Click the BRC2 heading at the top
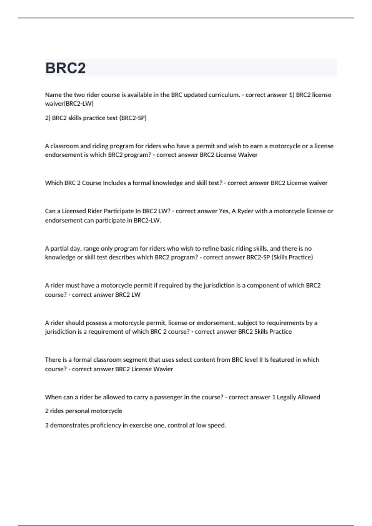[x=65, y=68]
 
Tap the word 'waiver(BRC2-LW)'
[x=69, y=104]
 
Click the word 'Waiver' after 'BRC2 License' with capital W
[x=247, y=155]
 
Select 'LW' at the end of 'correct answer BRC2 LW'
[x=136, y=295]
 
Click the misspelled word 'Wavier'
[x=163, y=369]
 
